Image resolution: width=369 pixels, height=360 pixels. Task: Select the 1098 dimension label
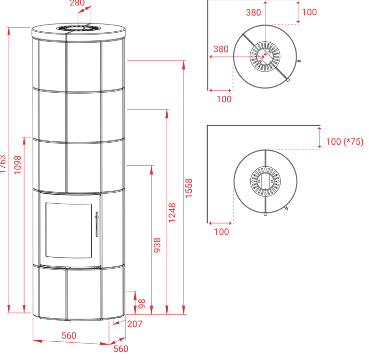(x=18, y=165)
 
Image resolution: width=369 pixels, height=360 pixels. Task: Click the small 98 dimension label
(x=142, y=303)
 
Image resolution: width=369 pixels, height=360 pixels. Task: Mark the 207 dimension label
(x=135, y=324)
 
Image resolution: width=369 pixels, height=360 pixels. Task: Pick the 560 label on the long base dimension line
(x=69, y=335)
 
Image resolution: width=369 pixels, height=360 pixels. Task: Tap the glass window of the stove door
(x=68, y=230)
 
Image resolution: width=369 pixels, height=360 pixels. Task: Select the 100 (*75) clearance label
(x=344, y=142)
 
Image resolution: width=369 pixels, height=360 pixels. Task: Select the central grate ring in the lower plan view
(x=264, y=181)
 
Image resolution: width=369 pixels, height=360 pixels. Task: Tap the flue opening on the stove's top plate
(x=79, y=28)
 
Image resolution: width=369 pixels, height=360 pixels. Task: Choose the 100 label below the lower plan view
(x=222, y=232)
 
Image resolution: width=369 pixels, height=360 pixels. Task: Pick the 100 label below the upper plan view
(x=224, y=99)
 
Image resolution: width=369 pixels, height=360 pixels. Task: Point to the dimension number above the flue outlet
(x=77, y=3)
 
